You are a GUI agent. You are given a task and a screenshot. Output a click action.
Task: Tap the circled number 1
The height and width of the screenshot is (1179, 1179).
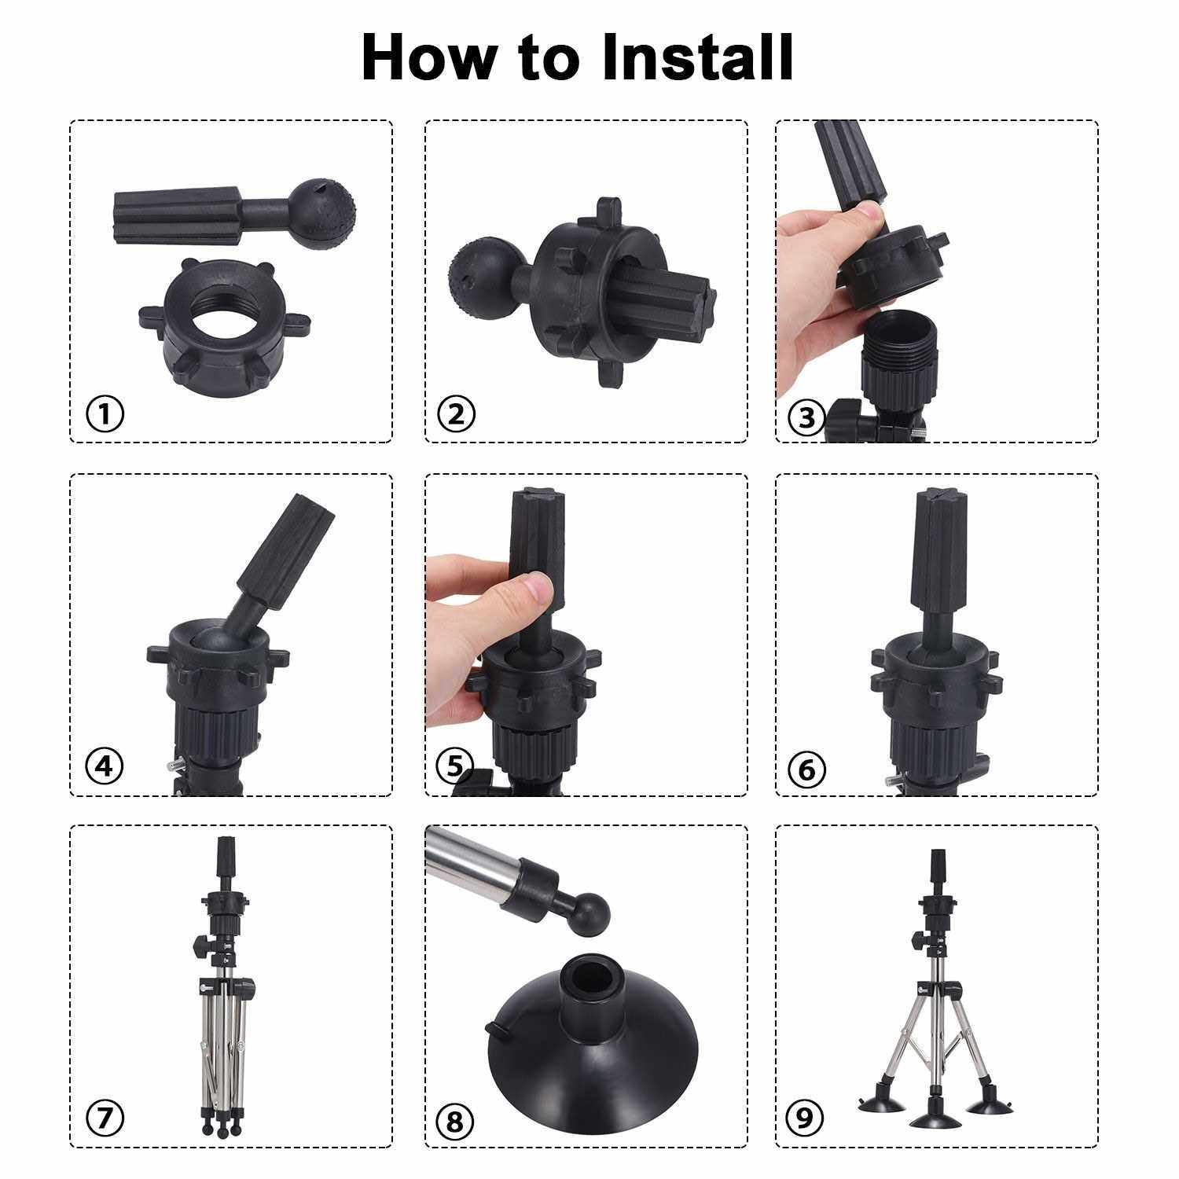point(105,413)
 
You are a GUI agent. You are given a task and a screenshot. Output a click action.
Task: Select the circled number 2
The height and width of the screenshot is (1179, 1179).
point(457,413)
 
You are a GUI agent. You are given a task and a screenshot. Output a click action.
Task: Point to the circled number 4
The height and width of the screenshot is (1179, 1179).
point(105,766)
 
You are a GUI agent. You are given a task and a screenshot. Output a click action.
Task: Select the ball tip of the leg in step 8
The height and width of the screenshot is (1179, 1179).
point(591,916)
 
